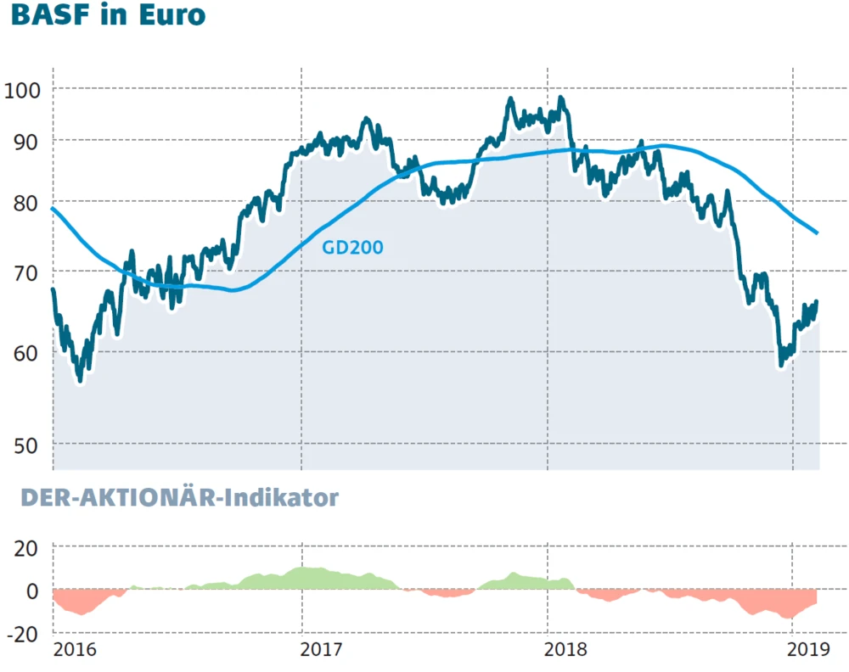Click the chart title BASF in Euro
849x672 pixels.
click(108, 17)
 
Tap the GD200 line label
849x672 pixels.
click(352, 248)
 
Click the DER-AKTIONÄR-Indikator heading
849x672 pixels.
click(179, 497)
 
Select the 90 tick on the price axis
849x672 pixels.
click(30, 140)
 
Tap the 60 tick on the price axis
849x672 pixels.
click(30, 351)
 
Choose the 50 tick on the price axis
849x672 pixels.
click(30, 445)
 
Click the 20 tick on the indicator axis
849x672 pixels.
click(28, 547)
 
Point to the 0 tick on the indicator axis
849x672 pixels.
click(34, 590)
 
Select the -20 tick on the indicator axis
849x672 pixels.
click(25, 633)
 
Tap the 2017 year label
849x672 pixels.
click(322, 651)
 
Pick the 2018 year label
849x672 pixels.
click(566, 651)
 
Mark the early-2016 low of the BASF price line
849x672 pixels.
click(81, 380)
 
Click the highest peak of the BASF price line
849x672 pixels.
click(560, 98)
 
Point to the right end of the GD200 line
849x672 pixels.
click(817, 233)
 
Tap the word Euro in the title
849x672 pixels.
click(173, 17)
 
